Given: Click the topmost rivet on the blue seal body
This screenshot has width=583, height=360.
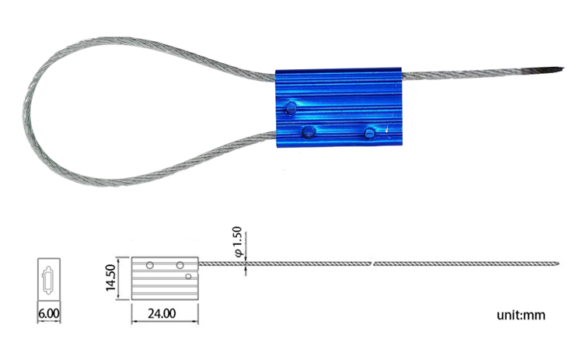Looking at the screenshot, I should (291, 107).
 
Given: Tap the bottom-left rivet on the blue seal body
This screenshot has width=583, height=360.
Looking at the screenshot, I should (308, 131).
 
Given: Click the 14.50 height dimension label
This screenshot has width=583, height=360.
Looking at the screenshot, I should (110, 278).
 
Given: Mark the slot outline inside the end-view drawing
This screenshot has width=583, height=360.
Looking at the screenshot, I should (48, 278).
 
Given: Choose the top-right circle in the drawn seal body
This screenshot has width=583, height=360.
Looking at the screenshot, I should (180, 266).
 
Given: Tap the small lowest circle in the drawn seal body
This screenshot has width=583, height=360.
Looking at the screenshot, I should (188, 276).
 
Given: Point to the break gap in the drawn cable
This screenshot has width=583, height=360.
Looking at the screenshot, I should (373, 264).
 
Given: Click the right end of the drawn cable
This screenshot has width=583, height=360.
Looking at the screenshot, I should (557, 261).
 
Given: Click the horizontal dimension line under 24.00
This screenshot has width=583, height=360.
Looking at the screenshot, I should (165, 323).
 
